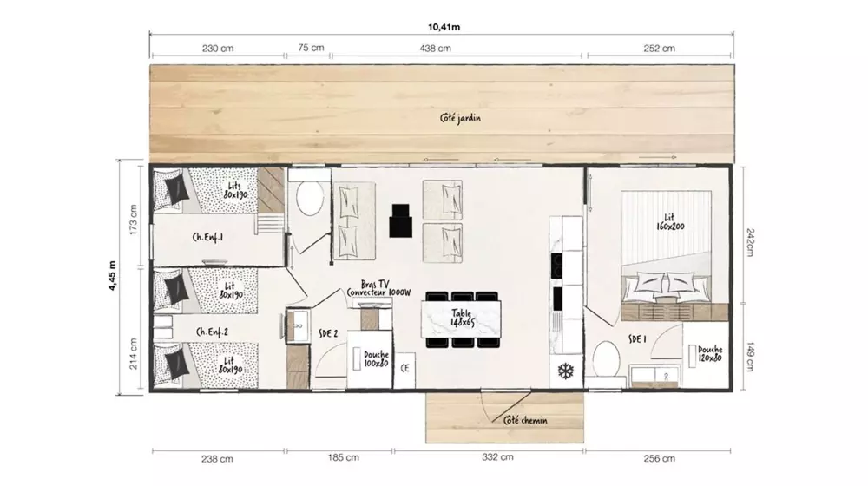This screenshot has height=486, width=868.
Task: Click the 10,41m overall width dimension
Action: click(x=444, y=27)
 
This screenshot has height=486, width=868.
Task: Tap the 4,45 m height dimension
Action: click(x=112, y=276)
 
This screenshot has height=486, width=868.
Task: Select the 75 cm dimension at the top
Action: click(x=311, y=48)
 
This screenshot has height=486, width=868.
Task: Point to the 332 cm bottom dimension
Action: click(x=497, y=457)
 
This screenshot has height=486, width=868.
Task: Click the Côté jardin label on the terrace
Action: click(x=460, y=118)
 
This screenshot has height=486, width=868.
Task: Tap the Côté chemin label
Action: click(x=525, y=421)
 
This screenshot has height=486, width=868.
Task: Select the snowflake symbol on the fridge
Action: click(x=565, y=371)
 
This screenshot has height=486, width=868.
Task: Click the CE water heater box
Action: click(x=404, y=369)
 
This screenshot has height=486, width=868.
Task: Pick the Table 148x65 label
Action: click(x=462, y=318)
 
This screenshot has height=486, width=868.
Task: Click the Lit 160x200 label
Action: click(x=670, y=222)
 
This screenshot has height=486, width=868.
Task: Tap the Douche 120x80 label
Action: click(x=710, y=354)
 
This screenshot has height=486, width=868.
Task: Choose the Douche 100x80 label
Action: click(x=377, y=358)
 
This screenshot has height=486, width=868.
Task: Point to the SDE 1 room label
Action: click(x=637, y=338)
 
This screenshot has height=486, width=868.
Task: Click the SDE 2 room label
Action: click(x=328, y=333)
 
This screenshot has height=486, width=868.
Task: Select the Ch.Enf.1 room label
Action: click(x=207, y=237)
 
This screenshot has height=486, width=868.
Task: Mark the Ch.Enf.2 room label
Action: click(x=212, y=332)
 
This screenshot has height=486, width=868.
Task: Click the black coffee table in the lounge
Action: click(x=400, y=220)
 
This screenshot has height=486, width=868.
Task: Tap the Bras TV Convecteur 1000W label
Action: click(x=378, y=288)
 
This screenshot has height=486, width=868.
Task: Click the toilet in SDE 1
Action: click(x=606, y=360)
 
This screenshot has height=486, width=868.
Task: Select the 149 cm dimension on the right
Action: click(x=750, y=357)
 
